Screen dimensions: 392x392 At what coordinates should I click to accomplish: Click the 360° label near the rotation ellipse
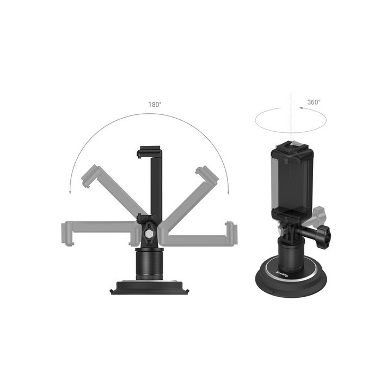(x=314, y=102)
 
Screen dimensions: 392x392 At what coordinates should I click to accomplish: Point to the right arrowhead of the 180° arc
(x=228, y=192)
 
